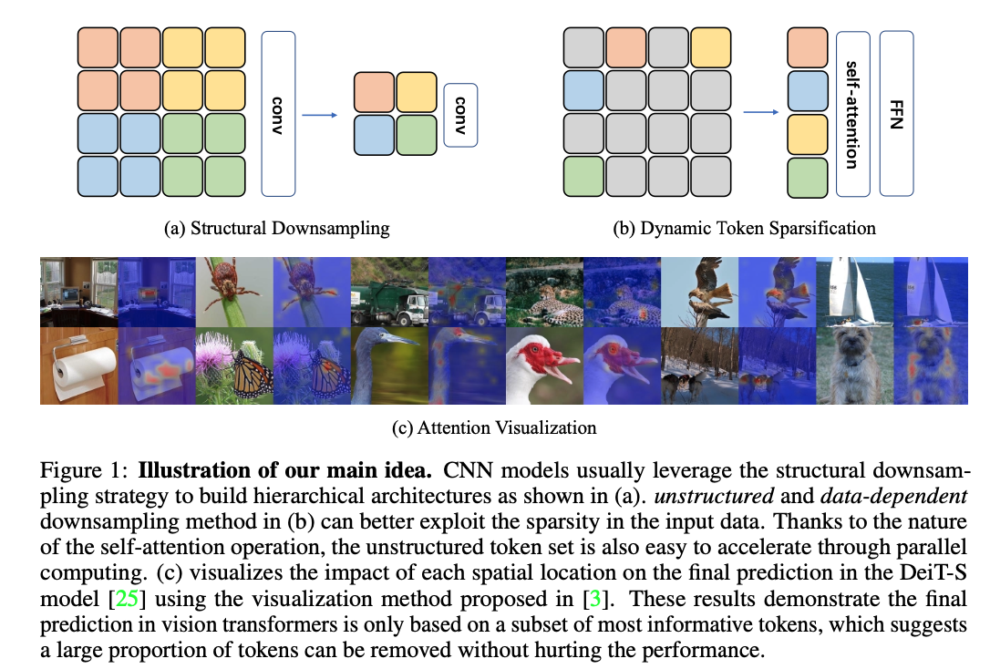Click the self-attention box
(851, 113)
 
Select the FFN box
(896, 113)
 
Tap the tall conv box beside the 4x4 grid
(278, 113)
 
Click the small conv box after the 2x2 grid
(460, 114)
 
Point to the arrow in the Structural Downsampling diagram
(320, 115)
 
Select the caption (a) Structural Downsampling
(276, 228)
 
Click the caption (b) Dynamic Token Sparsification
(745, 228)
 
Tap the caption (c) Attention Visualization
(506, 427)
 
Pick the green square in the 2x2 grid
(417, 134)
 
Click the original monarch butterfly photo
(234, 365)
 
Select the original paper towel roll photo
(78, 365)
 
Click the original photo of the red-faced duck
(544, 365)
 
